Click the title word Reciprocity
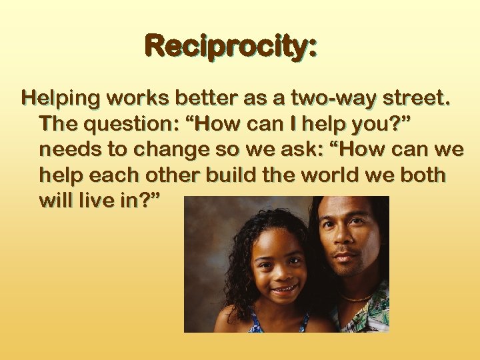(x=231, y=47)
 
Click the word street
(x=415, y=99)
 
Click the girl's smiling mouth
(x=285, y=289)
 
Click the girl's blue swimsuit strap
(x=255, y=324)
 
